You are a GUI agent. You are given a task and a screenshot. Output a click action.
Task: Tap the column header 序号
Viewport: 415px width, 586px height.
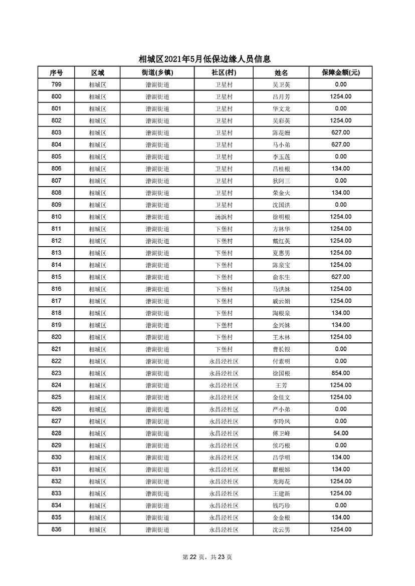point(56,73)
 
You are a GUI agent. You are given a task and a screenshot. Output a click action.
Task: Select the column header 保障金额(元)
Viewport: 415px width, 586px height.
point(340,73)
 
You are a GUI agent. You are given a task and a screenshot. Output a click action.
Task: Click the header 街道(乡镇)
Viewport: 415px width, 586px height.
point(157,73)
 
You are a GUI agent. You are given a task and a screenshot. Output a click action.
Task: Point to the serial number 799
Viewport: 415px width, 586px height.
point(56,85)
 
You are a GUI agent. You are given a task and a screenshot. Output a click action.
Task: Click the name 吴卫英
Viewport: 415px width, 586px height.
point(281,85)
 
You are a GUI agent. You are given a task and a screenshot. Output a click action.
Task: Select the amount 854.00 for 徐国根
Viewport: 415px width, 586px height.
point(340,373)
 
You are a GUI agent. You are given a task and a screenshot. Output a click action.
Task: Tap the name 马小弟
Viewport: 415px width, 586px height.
point(281,145)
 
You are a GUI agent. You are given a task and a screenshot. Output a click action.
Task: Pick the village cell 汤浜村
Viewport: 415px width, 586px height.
point(224,217)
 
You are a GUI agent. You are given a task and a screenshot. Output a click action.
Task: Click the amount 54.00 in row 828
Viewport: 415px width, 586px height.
point(340,433)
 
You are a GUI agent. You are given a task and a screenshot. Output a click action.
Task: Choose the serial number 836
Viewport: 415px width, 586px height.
point(56,529)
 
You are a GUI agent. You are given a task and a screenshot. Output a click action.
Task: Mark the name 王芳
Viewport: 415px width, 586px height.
point(281,385)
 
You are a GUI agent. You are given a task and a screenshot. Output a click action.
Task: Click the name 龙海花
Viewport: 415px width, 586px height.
point(281,481)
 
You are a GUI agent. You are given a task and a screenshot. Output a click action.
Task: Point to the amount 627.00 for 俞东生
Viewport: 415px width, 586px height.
point(340,277)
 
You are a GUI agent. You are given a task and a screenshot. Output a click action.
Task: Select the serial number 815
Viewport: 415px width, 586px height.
point(56,277)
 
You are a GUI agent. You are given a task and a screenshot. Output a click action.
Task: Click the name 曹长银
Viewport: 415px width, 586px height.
point(281,349)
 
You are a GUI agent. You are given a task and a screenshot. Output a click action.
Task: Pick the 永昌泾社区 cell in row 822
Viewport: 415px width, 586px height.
point(224,361)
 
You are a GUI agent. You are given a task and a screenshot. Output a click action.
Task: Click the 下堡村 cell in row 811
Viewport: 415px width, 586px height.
point(224,229)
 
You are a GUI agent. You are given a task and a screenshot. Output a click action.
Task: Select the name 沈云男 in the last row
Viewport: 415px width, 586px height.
point(281,529)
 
